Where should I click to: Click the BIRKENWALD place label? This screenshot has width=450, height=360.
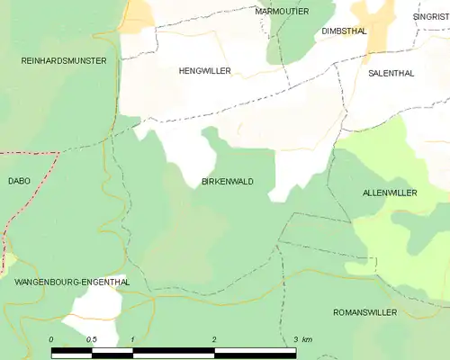click(228, 181)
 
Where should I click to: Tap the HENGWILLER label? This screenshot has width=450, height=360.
click(204, 70)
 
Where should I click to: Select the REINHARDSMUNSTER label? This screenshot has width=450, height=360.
click(64, 60)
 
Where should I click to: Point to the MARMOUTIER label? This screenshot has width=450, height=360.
click(282, 11)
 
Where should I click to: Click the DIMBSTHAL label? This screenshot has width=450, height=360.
click(344, 30)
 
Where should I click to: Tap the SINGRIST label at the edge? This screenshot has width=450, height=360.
click(430, 16)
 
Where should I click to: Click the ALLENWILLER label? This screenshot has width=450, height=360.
click(390, 193)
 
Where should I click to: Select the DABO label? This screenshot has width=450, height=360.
click(19, 181)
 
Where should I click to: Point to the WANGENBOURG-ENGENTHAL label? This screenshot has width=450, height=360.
click(72, 282)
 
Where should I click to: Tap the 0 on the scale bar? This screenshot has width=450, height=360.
click(51, 339)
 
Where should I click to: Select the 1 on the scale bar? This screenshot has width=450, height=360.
click(132, 339)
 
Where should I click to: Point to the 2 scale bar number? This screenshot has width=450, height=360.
click(214, 339)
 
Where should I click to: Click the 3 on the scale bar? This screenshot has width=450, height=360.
click(295, 339)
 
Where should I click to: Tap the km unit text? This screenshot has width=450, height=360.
click(308, 339)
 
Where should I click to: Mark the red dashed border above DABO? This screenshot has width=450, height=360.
click(36, 153)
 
